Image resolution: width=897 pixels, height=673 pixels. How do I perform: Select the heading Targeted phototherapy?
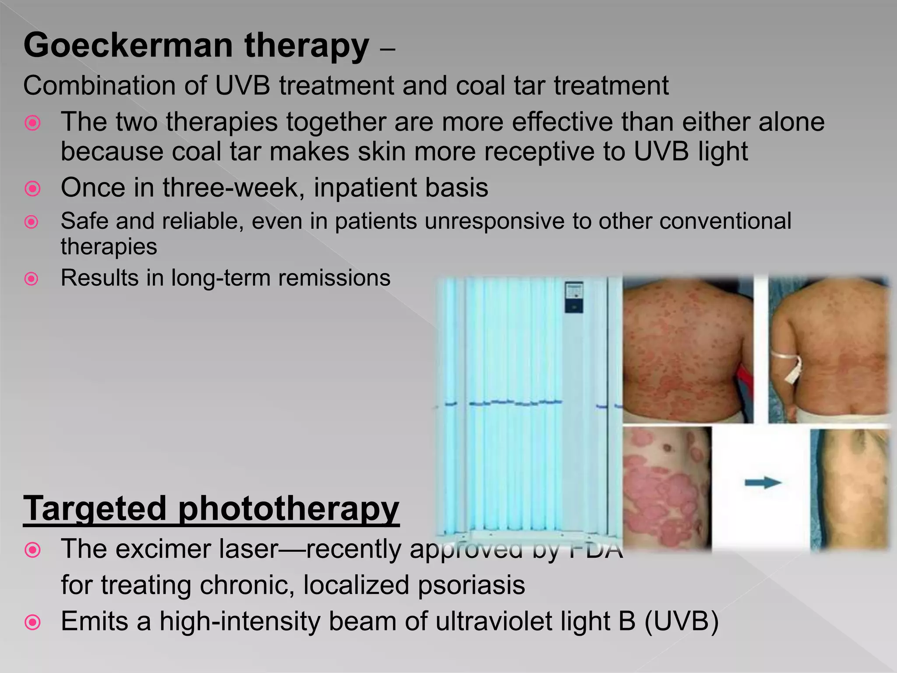pos(211,509)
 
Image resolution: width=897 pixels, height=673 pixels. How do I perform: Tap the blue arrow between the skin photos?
pos(763,483)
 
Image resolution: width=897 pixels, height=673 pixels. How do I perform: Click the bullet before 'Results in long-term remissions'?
pos(32,279)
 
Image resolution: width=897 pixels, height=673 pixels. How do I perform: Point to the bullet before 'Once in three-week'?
pos(32,189)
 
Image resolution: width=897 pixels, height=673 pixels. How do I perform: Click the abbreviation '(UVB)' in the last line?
pos(682,621)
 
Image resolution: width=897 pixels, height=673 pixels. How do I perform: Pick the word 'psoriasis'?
pos(471,585)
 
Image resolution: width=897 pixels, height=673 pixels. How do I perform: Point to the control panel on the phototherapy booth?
pos(573,297)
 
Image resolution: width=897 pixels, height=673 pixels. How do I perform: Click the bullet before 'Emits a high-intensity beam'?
pos(32,622)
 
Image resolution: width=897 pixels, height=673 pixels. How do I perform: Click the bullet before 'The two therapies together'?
pos(32,123)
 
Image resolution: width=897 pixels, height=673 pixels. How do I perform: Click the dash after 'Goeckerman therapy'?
pos(388,50)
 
